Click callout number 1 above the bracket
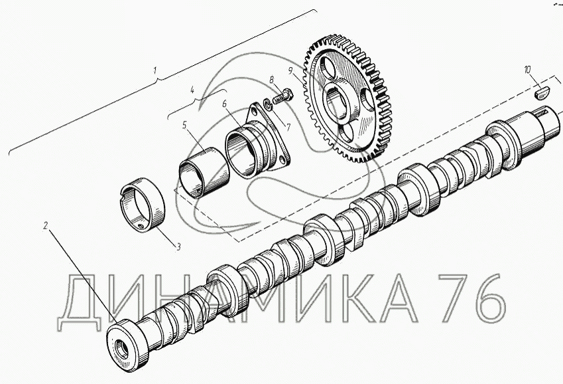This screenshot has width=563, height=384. point(155,70)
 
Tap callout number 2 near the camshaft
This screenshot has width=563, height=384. point(45,226)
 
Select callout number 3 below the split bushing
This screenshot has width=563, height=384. point(178,246)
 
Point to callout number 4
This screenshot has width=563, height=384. point(192,90)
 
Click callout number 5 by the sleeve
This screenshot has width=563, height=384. point(184,125)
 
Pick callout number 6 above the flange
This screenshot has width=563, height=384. point(225,104)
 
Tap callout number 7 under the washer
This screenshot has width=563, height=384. point(288,128)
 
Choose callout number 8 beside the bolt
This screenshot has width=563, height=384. point(272,80)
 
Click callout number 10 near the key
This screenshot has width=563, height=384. point(527,70)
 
